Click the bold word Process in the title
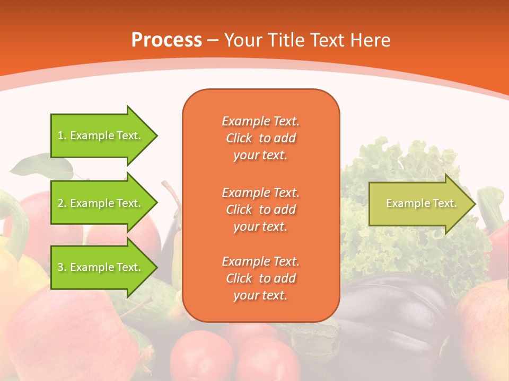pos(166,40)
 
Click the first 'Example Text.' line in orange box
pos(260,121)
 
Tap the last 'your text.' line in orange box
pos(260,295)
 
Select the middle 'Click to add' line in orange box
pos(260,210)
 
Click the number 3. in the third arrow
pos(62,267)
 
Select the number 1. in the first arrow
pos(62,135)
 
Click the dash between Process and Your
pos(213,40)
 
